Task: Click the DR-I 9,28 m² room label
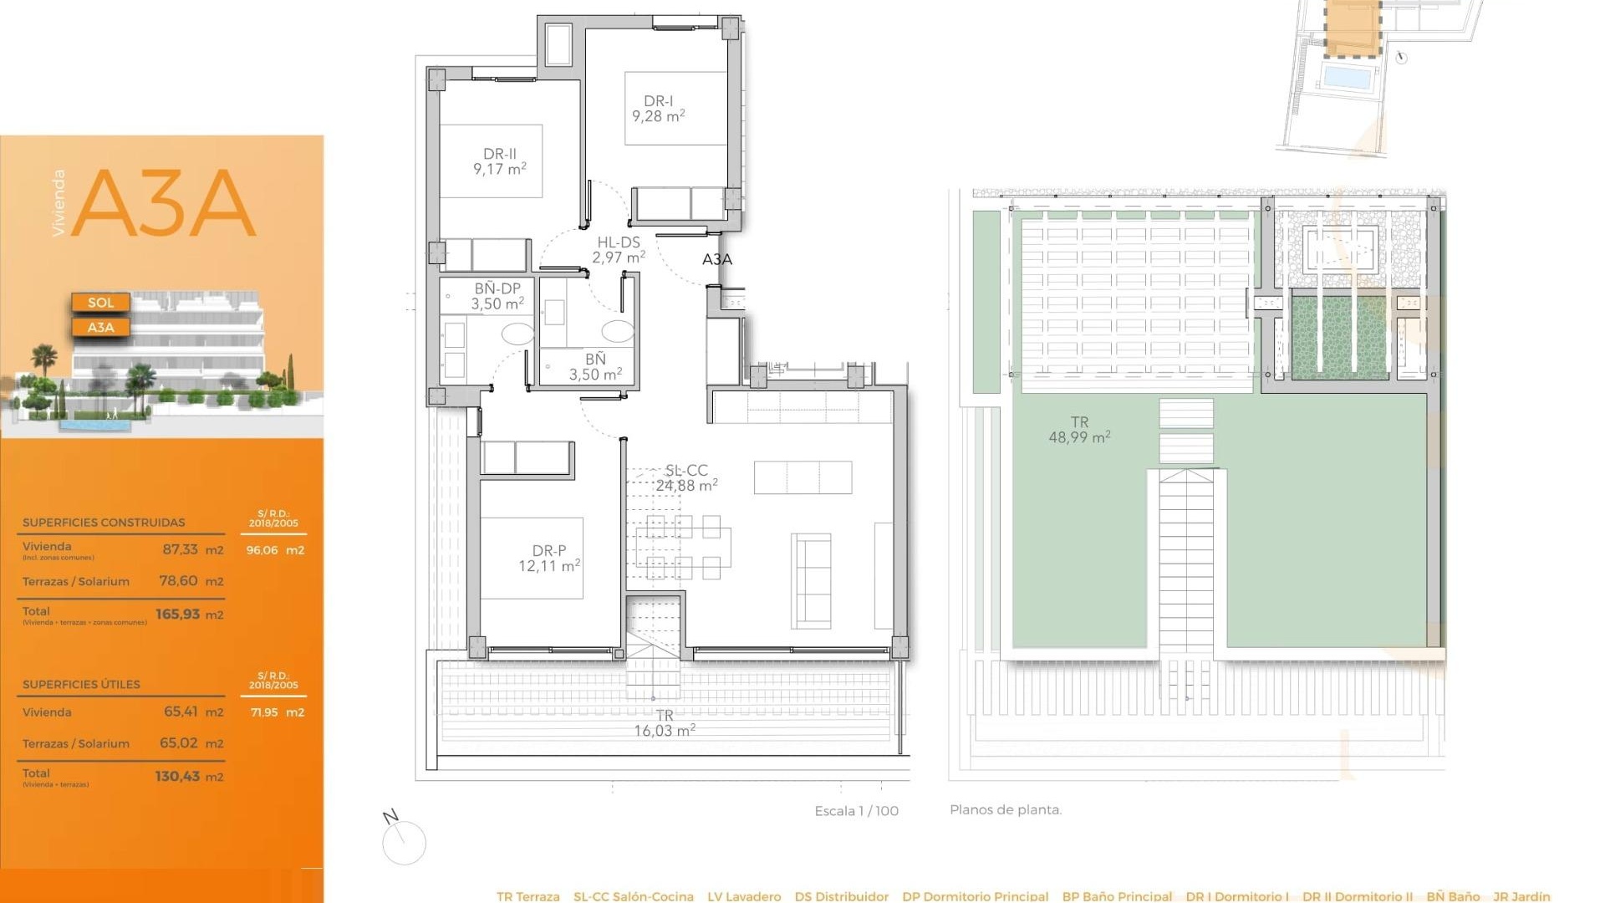point(658,109)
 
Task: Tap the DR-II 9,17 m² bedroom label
point(499,161)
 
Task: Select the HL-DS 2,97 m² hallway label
point(618,250)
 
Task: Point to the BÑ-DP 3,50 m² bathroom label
point(497,296)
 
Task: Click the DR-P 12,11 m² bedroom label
point(548,559)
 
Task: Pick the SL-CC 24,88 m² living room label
point(686,478)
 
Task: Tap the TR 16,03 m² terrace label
point(664,723)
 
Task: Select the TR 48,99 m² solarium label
point(1079,430)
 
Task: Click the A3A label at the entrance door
point(716,259)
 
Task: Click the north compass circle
point(404,843)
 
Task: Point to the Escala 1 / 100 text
point(856,811)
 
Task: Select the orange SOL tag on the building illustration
point(100,303)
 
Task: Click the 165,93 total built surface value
point(178,615)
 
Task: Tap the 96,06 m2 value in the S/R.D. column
point(275,550)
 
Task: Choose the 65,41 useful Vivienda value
point(181,712)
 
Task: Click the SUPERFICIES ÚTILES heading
point(81,684)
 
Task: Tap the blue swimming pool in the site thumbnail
point(1348,78)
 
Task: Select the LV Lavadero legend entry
point(744,896)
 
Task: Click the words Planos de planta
point(1006,810)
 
